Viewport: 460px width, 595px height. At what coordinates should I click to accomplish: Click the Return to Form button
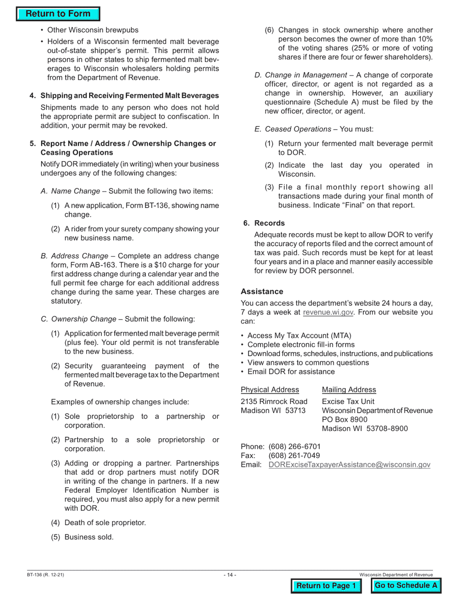[58, 14]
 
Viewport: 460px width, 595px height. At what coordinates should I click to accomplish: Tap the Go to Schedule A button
[406, 586]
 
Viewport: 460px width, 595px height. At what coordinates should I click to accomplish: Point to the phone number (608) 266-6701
[294, 446]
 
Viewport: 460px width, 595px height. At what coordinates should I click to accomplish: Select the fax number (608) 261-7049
[294, 456]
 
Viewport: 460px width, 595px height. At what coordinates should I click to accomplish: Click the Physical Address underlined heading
[270, 390]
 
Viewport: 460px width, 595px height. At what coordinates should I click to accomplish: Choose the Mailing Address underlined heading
[349, 390]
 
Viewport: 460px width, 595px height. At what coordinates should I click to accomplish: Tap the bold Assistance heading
[262, 292]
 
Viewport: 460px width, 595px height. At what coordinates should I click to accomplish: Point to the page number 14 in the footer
[230, 575]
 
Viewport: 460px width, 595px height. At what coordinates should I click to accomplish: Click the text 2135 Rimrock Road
[274, 402]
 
